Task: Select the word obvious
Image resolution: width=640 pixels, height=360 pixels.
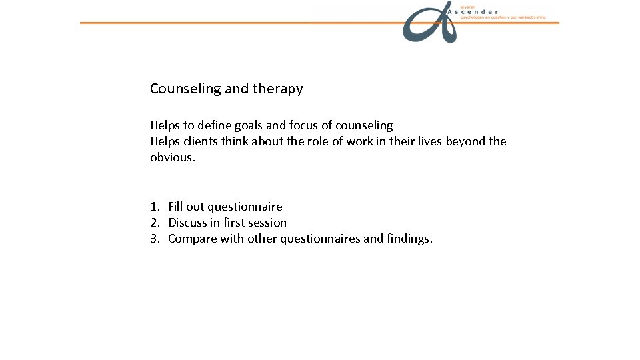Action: [172, 157]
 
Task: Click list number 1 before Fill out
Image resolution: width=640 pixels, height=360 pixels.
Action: [154, 207]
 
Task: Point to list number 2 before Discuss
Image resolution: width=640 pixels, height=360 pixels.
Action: [154, 223]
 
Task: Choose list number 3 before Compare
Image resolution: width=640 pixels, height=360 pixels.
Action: [154, 239]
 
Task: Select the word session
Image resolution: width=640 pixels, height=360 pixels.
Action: [266, 223]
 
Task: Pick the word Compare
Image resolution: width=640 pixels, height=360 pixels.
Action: [193, 239]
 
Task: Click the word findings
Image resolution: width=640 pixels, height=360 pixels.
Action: [409, 239]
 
